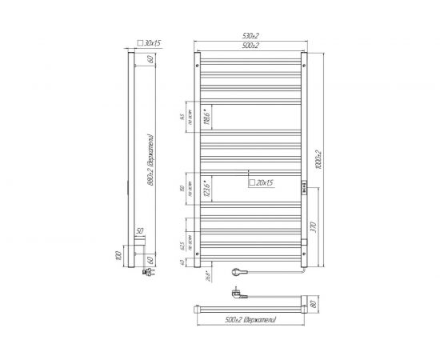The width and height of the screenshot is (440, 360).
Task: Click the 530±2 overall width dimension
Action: (250, 36)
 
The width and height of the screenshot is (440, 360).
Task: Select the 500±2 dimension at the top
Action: (250, 45)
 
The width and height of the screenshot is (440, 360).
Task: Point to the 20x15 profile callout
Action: (262, 182)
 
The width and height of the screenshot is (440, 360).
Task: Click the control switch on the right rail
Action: (304, 190)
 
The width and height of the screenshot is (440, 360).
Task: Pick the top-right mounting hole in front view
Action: (302, 57)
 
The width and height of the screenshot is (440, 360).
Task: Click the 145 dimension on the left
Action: (182, 118)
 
